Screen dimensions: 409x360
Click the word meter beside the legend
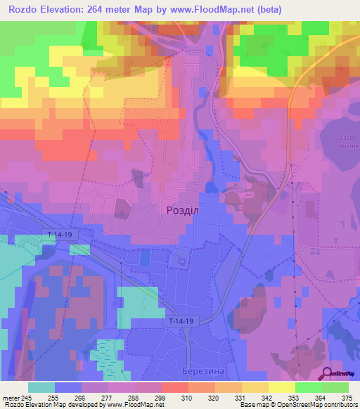[10, 397]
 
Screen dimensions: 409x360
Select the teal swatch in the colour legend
[41, 387]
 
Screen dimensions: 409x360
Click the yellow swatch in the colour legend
[281, 387]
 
